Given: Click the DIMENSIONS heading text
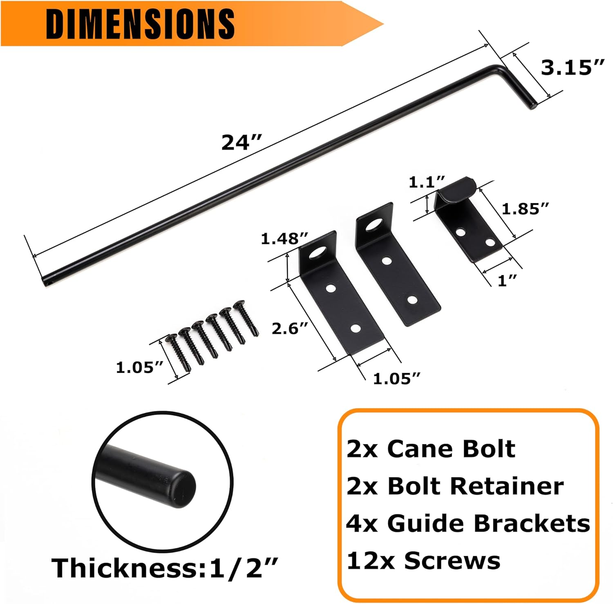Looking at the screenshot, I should pyautogui.click(x=140, y=23).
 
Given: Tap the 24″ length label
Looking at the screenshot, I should pyautogui.click(x=241, y=143).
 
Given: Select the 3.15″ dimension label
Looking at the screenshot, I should pyautogui.click(x=572, y=68).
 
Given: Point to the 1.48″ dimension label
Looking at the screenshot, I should pyautogui.click(x=284, y=239).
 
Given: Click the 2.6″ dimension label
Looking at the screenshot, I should pyautogui.click(x=290, y=328).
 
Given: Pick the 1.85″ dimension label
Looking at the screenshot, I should pyautogui.click(x=525, y=209).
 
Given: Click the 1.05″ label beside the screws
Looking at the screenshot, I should pyautogui.click(x=140, y=367).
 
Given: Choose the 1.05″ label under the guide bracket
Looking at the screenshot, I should pyautogui.click(x=396, y=379).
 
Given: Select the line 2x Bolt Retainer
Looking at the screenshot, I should pyautogui.click(x=455, y=486).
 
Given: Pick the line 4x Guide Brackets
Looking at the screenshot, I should pyautogui.click(x=468, y=523).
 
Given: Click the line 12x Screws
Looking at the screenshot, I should pyautogui.click(x=423, y=561).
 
